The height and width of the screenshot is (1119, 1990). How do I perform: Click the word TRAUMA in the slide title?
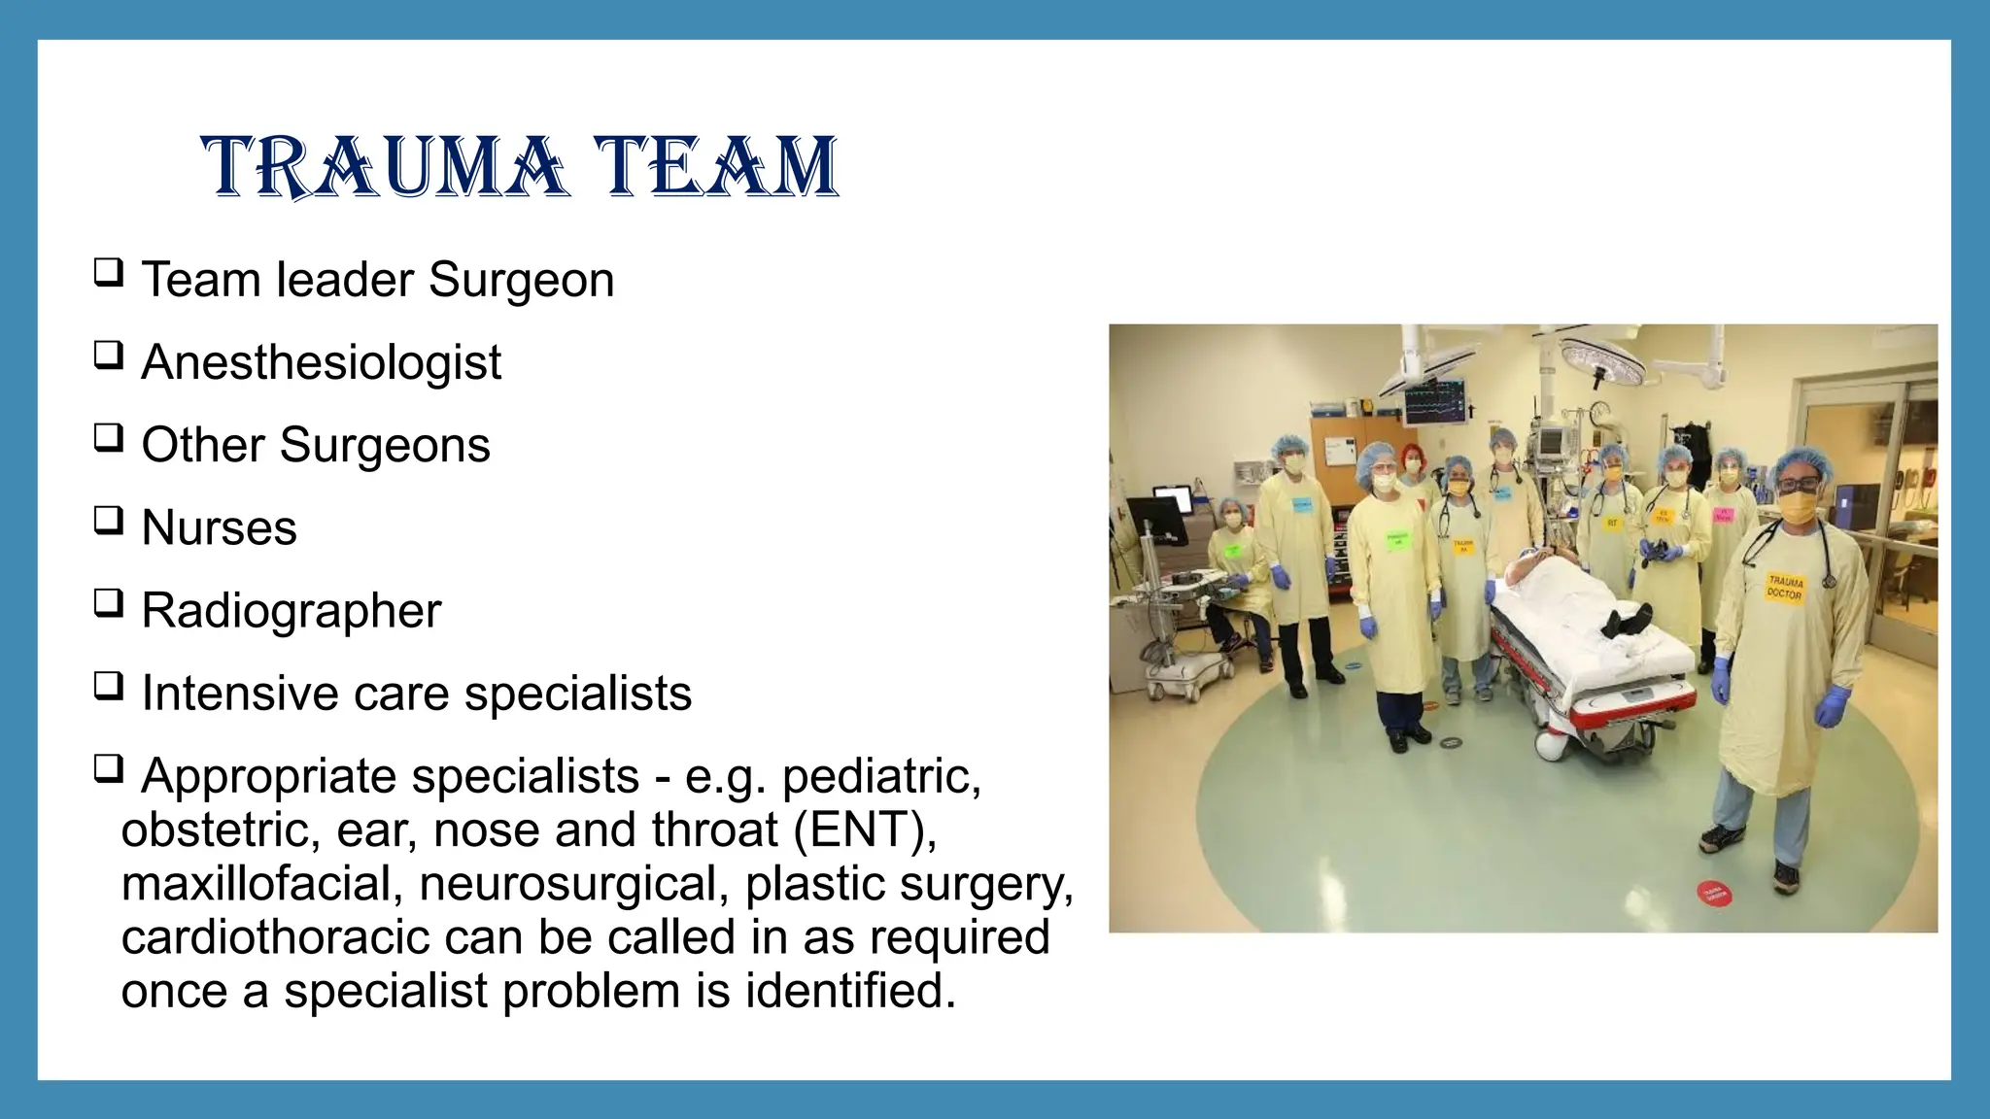point(383,167)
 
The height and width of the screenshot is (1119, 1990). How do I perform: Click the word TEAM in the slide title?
point(716,167)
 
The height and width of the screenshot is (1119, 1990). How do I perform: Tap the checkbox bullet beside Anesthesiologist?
point(108,356)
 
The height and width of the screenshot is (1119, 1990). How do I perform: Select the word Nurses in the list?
point(219,528)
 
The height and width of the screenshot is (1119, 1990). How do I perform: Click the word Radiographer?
point(291,611)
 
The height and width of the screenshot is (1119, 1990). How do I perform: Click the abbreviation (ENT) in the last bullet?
point(864,831)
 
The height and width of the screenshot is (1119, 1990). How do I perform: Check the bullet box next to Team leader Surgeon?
point(108,273)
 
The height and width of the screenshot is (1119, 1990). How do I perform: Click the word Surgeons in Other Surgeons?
point(385,446)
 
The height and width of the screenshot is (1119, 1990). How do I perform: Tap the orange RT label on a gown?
point(1612,524)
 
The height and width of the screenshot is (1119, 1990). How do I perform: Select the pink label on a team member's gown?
point(1723,515)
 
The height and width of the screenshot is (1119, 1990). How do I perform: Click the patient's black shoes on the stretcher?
point(1626,620)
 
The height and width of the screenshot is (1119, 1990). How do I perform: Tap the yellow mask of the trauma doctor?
point(1799,506)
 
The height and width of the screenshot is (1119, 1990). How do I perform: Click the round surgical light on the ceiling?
point(1600,358)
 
